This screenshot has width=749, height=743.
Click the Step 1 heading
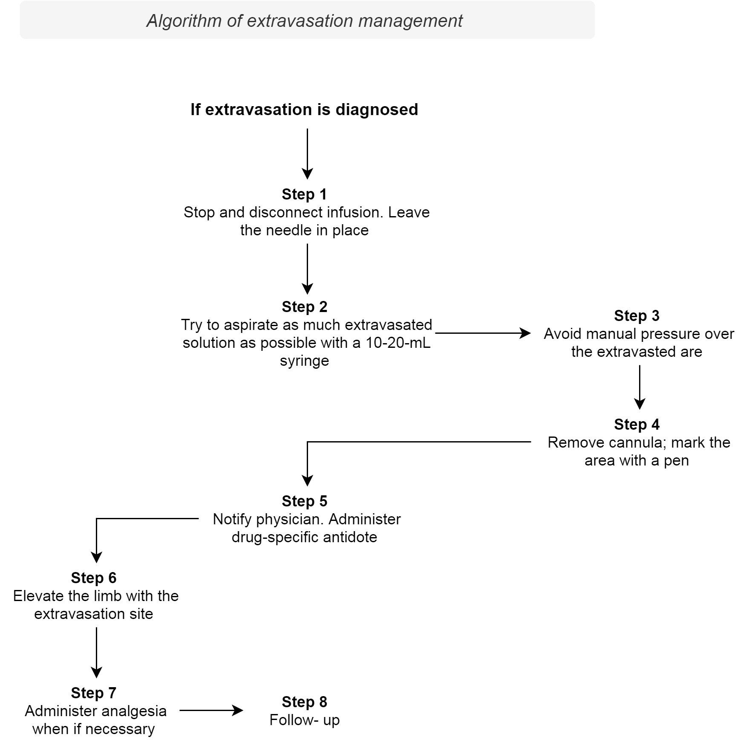coord(304,194)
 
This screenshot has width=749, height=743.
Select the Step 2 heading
coord(304,307)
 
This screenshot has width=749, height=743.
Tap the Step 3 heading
coord(637,316)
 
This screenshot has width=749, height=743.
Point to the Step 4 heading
coord(637,425)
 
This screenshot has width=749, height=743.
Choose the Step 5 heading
coord(304,501)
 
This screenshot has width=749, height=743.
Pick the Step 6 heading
coord(93,578)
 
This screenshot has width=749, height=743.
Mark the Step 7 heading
coord(93,693)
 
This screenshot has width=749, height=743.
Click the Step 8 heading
coord(304,702)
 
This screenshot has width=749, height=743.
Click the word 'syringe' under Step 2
coord(304,361)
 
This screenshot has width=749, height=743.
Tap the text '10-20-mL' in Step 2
coord(398,343)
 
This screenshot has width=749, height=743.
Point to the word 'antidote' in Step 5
coord(350,537)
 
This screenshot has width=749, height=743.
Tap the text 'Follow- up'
coord(304,720)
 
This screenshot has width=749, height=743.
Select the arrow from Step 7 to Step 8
coord(211,711)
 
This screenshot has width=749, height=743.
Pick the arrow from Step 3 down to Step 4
coord(640,387)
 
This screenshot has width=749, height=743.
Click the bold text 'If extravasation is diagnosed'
coord(304,110)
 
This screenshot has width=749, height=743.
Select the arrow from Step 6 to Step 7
coord(97,652)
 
